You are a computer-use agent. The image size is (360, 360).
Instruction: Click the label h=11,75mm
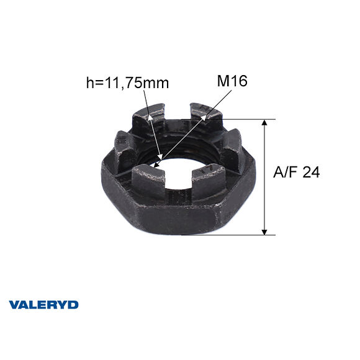tap(127, 82)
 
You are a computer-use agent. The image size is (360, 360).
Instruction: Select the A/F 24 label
tap(297, 173)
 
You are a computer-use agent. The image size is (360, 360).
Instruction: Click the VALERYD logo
tap(43, 305)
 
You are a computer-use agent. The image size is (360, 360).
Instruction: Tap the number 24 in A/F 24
tap(312, 173)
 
